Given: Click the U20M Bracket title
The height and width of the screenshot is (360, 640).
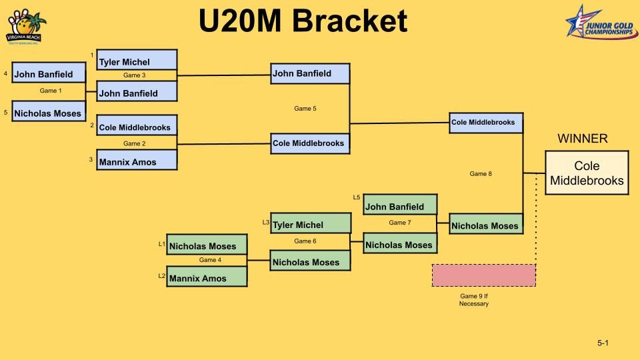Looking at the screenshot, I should point(303,21).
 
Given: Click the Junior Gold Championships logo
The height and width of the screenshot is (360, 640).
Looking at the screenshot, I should point(601,21).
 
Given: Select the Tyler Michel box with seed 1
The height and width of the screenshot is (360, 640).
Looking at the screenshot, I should point(137,60).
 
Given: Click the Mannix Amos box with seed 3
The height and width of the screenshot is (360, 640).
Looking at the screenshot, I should point(137,161).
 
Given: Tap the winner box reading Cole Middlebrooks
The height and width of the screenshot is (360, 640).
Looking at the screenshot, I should point(587,173).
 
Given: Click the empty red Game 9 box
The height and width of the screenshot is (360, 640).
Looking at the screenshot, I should point(483,275).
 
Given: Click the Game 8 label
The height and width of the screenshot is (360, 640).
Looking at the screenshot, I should point(481,174).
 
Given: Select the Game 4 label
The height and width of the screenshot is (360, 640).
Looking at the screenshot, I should point(210,260).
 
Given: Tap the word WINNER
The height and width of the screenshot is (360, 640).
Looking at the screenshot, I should point(582,139).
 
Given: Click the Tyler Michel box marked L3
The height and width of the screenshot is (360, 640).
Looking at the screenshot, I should point(310,223).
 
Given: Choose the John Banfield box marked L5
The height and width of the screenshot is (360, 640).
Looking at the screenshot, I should point(400,205).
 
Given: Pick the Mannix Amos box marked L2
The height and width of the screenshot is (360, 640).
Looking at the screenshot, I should point(207,277).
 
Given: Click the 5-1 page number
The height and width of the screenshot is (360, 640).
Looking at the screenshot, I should point(603,343).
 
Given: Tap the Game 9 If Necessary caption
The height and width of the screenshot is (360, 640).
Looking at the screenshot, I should point(474,300).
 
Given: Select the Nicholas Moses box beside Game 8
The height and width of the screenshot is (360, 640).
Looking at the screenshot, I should point(485,225).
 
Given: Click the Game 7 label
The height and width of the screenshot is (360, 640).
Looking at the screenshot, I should point(400,223).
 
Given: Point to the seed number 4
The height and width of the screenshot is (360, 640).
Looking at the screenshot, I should point(5,73).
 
